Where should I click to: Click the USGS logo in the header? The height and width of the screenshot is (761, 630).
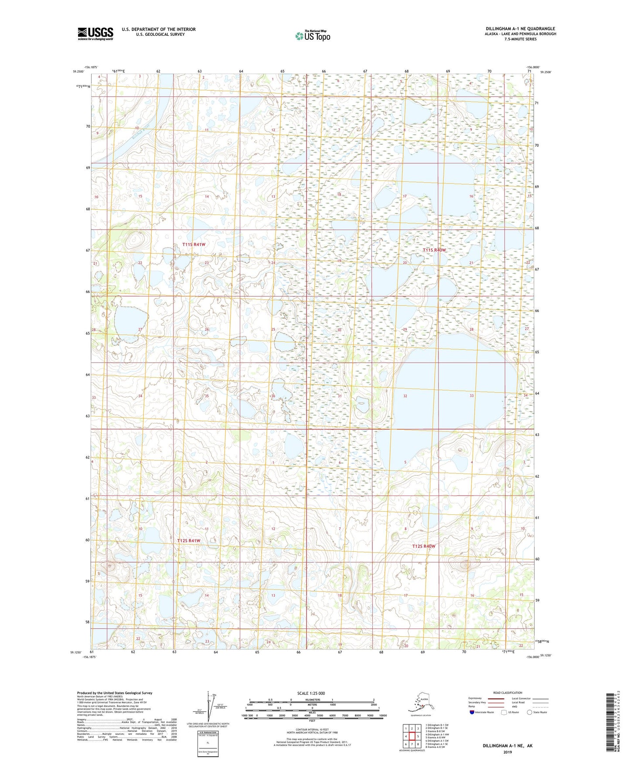(95, 34)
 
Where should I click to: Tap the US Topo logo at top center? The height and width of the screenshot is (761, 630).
(312, 36)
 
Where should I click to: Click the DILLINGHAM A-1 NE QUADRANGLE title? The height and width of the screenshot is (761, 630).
(520, 29)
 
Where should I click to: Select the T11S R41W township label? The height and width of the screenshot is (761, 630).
(194, 245)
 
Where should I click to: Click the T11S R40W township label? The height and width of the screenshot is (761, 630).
(434, 250)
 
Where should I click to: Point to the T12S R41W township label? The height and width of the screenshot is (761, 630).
(188, 540)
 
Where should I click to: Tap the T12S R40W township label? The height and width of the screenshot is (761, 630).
(424, 546)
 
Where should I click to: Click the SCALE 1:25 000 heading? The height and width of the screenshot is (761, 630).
(311, 693)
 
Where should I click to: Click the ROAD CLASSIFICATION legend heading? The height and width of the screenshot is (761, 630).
(507, 693)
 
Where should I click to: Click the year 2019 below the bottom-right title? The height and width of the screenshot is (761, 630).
(507, 752)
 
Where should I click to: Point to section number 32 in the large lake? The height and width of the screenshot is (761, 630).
(405, 396)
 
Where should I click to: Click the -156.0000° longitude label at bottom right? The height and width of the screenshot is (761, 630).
(532, 657)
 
